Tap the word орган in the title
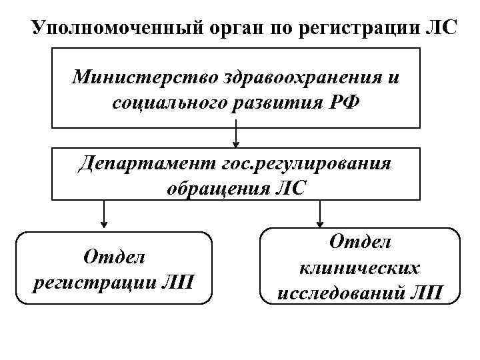(229, 30)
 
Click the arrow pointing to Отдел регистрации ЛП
(104, 215)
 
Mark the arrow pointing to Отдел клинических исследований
(320, 215)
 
